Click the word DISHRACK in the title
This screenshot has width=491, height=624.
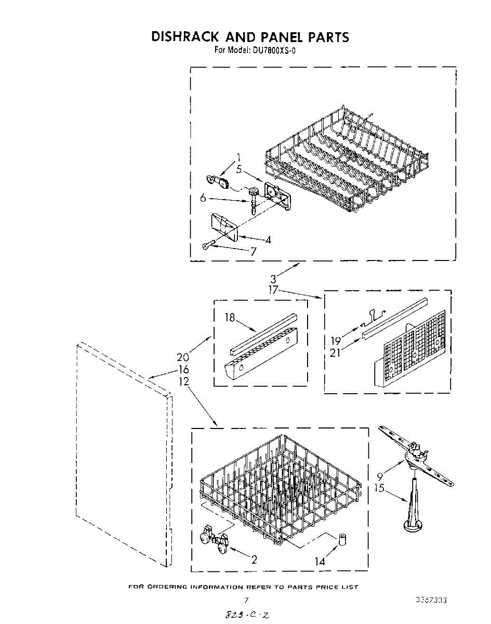coord(184,37)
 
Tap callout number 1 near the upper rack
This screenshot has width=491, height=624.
coord(239,158)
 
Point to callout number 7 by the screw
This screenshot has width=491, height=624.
coord(253,252)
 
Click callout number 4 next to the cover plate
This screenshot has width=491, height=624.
coord(268,240)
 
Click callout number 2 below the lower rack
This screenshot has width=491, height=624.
coord(254,560)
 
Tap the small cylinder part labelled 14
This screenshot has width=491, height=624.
coord(342,540)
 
